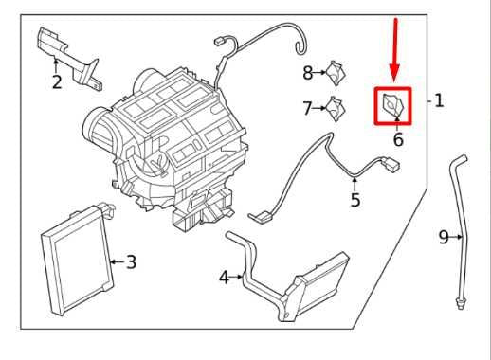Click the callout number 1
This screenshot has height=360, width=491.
point(438,100)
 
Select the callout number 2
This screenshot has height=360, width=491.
point(57,82)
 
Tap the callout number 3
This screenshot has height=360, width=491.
point(131,261)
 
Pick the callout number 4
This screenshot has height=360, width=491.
point(224,278)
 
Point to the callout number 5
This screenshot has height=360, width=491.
point(355,200)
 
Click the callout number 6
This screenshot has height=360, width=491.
point(397,139)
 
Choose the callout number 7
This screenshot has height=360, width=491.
point(308,109)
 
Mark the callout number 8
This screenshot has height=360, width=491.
point(308,72)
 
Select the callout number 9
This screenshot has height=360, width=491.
point(444,237)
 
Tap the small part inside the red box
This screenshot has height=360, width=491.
point(393,106)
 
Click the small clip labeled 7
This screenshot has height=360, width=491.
point(335,108)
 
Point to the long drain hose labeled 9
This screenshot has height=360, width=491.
point(462,218)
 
